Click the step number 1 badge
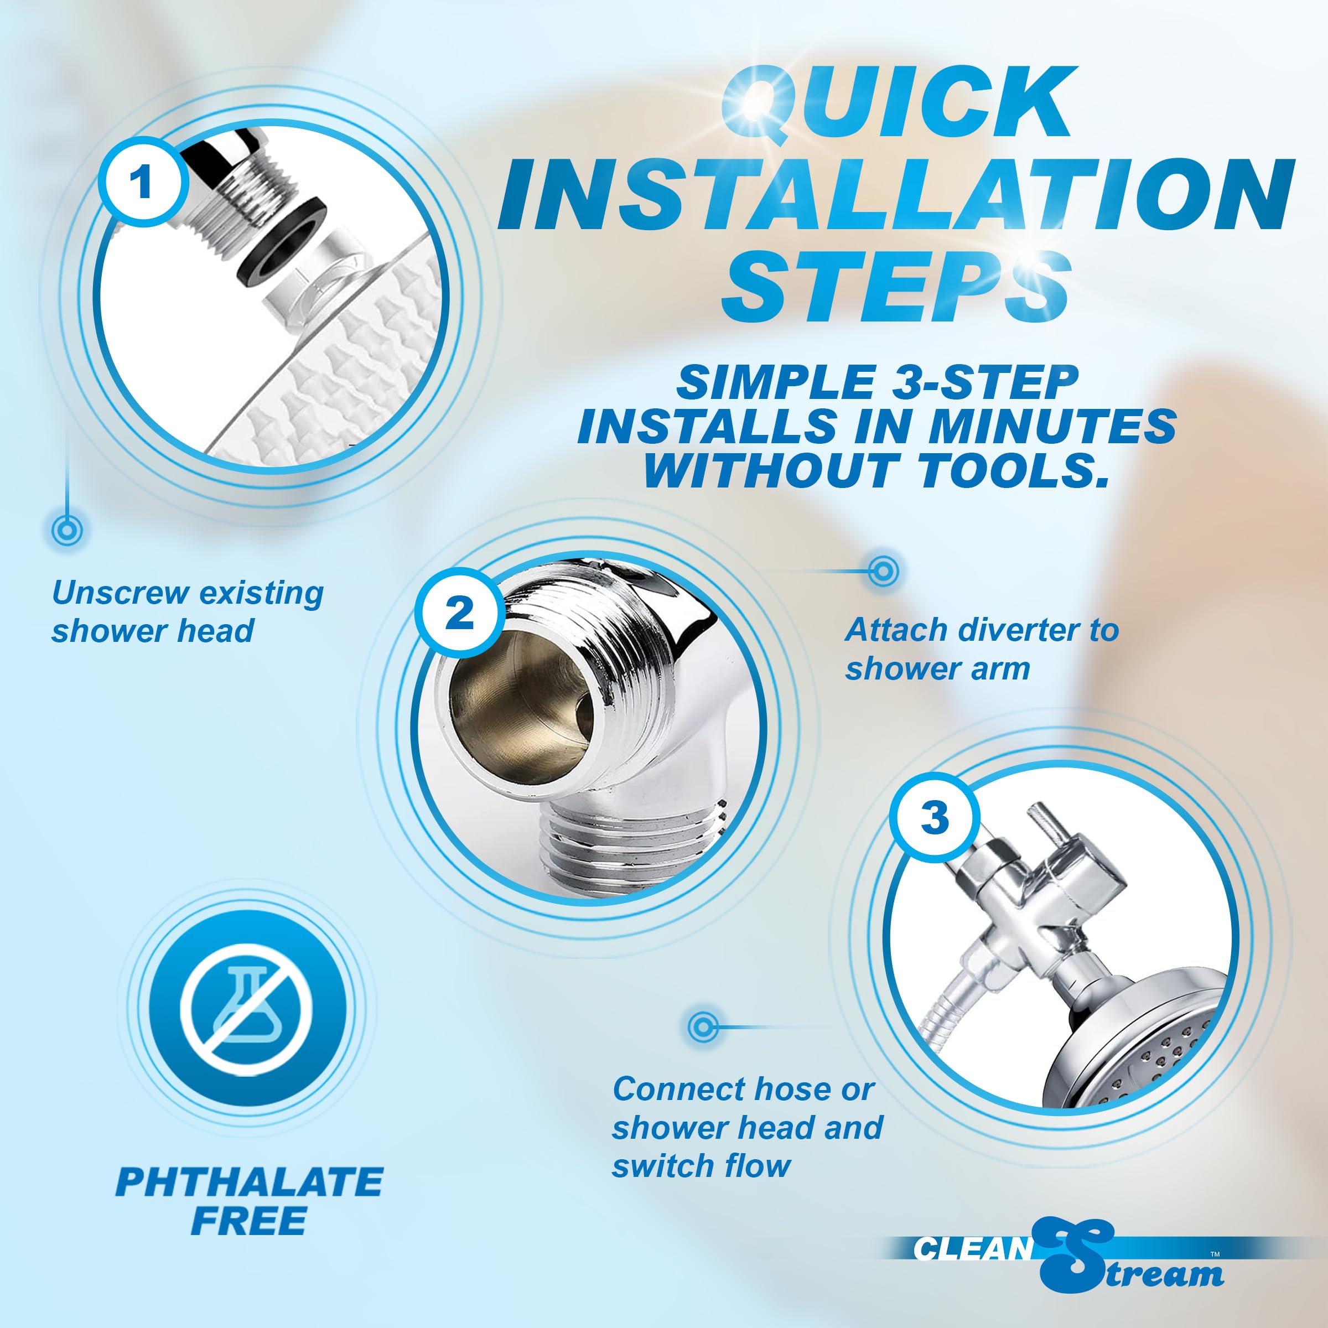(x=142, y=182)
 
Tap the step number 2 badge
(x=460, y=611)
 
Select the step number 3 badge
(x=934, y=817)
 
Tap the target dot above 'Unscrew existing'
(x=66, y=530)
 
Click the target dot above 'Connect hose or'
(x=703, y=1027)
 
